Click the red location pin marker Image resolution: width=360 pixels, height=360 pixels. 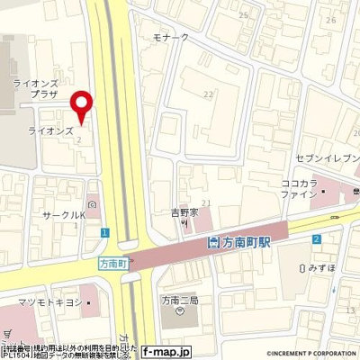coord(83,106)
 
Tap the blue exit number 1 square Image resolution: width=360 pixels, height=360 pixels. coord(105,232)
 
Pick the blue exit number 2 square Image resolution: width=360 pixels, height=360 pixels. coord(317,238)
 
